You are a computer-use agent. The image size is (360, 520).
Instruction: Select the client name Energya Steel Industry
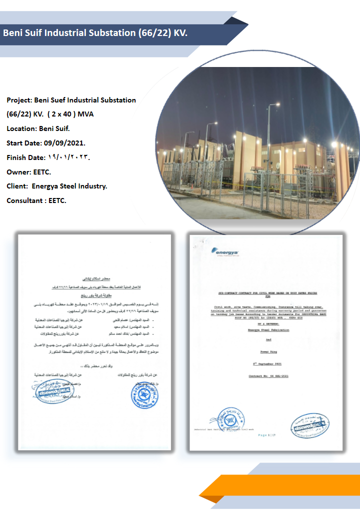[x=69, y=186]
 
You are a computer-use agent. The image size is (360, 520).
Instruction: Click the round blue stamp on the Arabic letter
[x=146, y=394]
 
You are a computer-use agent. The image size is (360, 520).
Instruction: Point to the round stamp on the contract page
[x=230, y=419]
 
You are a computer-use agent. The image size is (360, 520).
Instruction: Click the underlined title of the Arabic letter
[x=93, y=276]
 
